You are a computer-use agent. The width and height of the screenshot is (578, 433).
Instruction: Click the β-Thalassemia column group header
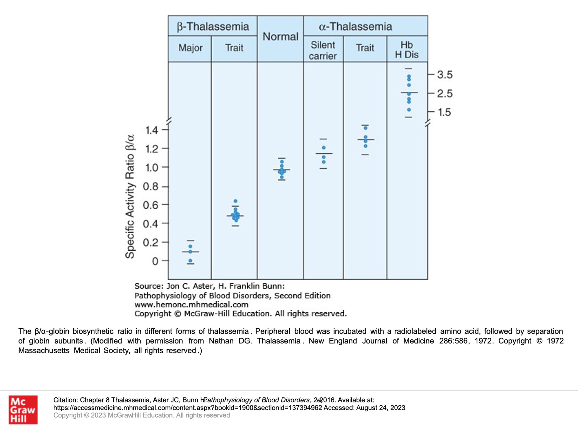pos(213,26)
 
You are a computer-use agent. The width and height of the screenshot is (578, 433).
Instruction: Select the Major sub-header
pos(190,48)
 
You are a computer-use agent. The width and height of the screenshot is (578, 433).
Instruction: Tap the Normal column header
pos(280,37)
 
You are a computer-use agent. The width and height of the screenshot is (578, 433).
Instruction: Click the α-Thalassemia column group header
pos(355,26)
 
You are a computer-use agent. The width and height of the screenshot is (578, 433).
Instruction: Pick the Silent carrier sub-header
pos(323,50)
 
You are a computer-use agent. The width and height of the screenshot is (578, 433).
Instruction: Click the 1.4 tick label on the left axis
pos(151,130)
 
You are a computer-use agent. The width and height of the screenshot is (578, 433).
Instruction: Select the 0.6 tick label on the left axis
pos(151,205)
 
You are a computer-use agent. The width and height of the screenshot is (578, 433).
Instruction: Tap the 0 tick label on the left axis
pos(155,261)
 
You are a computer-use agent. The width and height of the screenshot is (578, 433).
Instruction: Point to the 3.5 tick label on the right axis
pos(445,75)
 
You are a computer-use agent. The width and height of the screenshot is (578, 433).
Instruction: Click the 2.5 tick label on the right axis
pos(445,93)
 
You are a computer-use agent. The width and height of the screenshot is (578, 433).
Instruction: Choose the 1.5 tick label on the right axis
pos(445,112)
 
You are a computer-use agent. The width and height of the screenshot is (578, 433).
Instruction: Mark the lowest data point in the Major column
pos(190,261)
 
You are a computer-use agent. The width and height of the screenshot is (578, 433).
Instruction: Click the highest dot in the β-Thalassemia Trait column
pos(236,201)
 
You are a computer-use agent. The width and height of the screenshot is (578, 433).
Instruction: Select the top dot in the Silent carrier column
pos(324,148)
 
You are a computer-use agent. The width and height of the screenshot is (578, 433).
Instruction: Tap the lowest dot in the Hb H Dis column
pos(409,110)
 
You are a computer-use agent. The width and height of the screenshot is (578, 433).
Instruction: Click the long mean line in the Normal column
pos(282,170)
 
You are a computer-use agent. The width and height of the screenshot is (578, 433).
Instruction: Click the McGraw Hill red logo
pos(23,410)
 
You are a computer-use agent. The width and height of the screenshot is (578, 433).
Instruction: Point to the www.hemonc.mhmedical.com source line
pos(191,305)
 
